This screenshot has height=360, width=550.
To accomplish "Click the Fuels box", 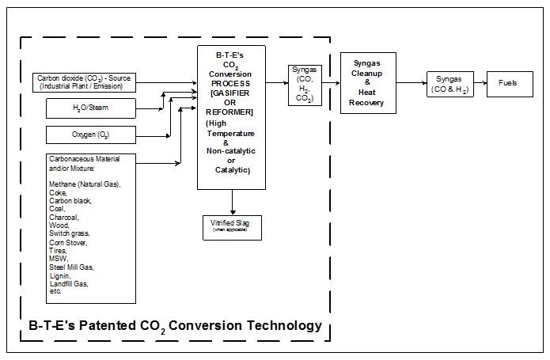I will click(x=510, y=82).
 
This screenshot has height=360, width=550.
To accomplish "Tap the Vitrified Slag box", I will click(x=232, y=225).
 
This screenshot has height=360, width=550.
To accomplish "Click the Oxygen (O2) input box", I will click(x=91, y=135).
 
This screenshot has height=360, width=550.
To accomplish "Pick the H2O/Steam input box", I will click(x=91, y=107).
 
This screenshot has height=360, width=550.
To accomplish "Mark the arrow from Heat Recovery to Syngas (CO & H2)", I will click(x=411, y=82).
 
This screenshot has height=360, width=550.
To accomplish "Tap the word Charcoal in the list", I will click(x=63, y=216).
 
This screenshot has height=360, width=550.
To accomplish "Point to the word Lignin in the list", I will click(x=59, y=275).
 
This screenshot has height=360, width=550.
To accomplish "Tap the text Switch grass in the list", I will click(x=69, y=233).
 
